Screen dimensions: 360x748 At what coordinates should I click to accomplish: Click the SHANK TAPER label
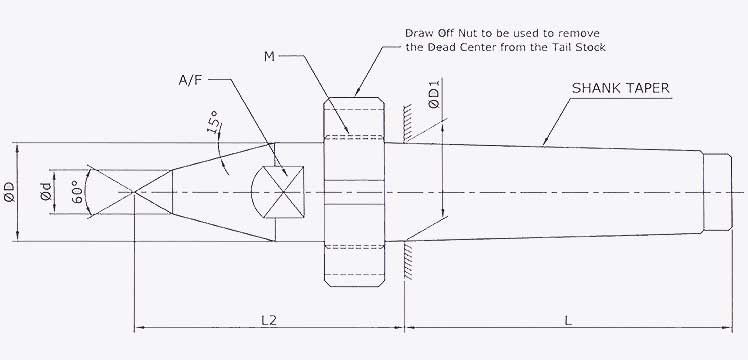coord(620,88)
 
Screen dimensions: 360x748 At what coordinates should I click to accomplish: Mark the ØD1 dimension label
coord(433,98)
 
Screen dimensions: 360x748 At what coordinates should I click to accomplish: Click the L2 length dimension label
coord(269,319)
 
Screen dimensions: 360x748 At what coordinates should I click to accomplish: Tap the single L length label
coord(568,319)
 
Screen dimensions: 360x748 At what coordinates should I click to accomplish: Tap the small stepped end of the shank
coord(719,190)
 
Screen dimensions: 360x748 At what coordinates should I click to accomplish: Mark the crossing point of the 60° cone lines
coord(134,190)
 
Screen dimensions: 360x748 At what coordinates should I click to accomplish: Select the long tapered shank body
coord(560,190)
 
